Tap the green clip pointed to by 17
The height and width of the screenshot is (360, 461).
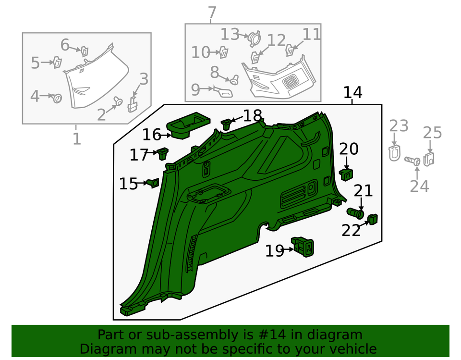click(x=163, y=153)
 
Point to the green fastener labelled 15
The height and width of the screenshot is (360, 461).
click(x=154, y=183)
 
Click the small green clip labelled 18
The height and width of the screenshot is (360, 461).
click(x=226, y=124)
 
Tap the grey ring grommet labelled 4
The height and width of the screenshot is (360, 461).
click(x=57, y=98)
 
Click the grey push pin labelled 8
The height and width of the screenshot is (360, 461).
click(x=234, y=81)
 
